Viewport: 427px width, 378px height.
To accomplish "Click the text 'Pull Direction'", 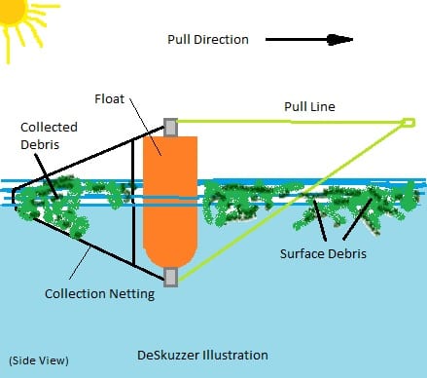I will (209, 41).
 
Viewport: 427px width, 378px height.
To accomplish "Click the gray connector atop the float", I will (170, 127).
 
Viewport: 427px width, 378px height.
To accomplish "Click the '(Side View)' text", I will (38, 359).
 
